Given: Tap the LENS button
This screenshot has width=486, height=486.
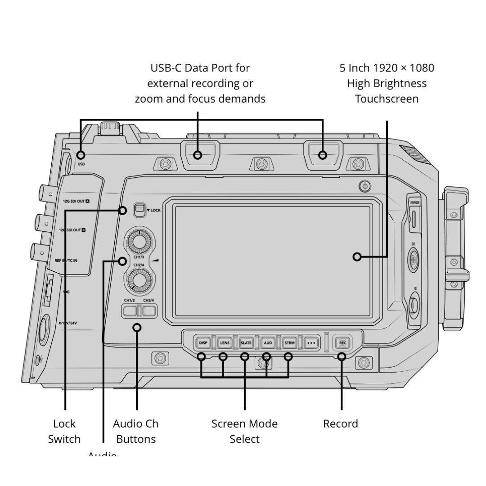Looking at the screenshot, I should pos(225,343).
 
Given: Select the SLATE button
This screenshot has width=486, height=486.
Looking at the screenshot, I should pos(246,343).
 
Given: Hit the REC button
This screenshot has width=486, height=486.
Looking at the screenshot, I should pos(342,343).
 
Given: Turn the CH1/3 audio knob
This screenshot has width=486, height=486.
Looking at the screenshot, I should pos(139,242).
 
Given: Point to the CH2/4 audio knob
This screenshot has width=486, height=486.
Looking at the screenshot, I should pos(139,281).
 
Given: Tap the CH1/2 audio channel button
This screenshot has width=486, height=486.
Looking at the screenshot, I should pos(130,310).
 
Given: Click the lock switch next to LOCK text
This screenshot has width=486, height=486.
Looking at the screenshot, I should pos(139,209).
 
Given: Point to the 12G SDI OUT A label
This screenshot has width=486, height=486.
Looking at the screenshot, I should pos(76,201).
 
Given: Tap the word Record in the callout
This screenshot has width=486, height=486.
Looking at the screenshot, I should pos(341,424).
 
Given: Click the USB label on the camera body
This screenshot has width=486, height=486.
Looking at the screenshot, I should pos(81,164).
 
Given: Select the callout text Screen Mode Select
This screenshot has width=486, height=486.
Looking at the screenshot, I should pos(244,431).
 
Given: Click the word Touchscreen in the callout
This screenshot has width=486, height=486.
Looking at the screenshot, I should pos(387,99).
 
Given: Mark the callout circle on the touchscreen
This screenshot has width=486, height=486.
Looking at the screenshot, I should pos(357,257).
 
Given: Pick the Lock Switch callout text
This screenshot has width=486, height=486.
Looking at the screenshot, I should pos(64,431).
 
